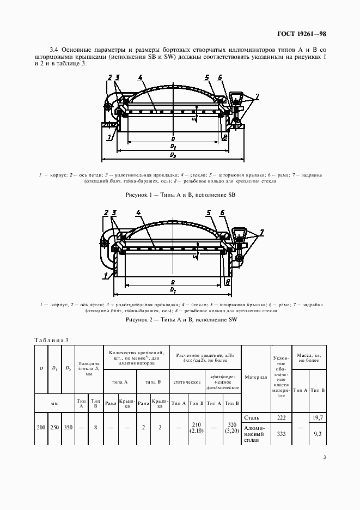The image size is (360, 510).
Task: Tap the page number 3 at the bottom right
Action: [324, 457]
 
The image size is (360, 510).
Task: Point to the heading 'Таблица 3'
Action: [51, 340]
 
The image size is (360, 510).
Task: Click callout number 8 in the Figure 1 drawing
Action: [225, 137]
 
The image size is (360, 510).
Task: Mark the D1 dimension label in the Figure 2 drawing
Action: [173, 289]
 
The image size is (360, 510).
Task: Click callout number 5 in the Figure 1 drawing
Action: [207, 77]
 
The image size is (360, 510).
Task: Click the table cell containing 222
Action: [281, 417]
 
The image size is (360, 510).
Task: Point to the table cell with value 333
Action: [281, 434]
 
